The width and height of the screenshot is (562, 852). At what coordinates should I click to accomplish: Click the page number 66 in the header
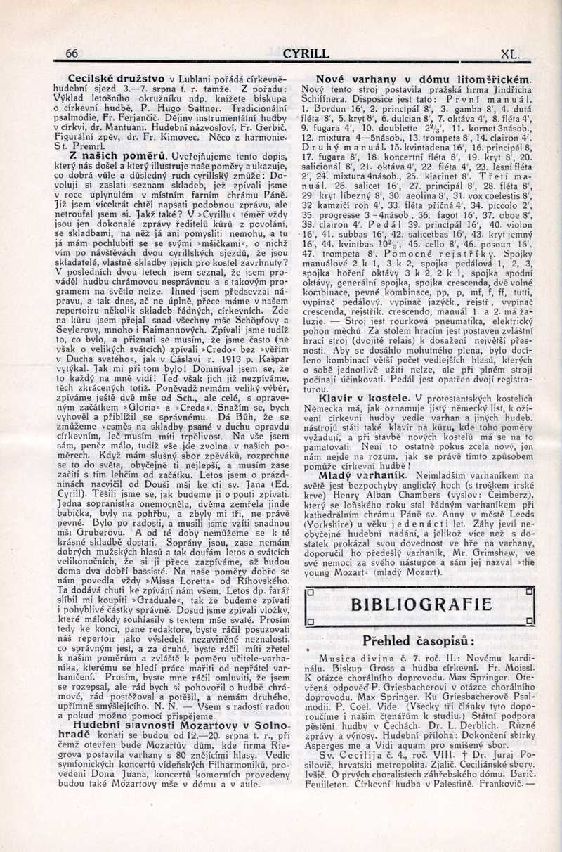coord(72,53)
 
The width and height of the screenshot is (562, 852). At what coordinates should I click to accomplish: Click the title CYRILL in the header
coord(306,53)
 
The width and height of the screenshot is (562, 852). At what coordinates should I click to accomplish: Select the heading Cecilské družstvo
coord(117,79)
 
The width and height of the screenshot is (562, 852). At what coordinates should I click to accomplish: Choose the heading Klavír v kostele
coord(365,399)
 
